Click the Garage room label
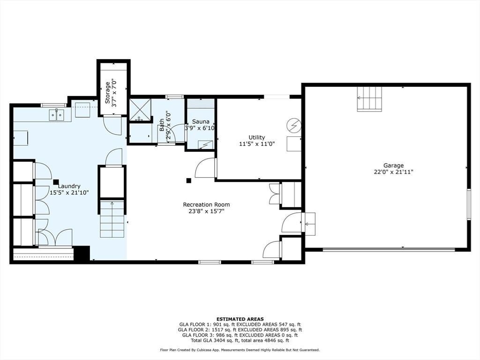tap(393, 165)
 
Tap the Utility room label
tap(256, 137)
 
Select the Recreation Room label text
tap(206, 204)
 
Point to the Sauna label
tap(201, 121)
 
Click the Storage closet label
tap(107, 92)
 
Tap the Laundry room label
tap(69, 186)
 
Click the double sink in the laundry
tap(57, 115)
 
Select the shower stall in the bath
tap(140, 110)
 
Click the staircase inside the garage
tap(369, 98)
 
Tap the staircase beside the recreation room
tap(112, 219)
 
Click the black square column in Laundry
tap(56, 182)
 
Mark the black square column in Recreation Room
tap(188, 180)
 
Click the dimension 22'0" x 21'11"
tap(393, 172)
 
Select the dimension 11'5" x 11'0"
tap(256, 143)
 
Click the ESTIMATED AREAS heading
tap(240, 319)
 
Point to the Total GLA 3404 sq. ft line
tap(240, 340)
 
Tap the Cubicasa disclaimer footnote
tap(240, 350)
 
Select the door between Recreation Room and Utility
tap(205, 167)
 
